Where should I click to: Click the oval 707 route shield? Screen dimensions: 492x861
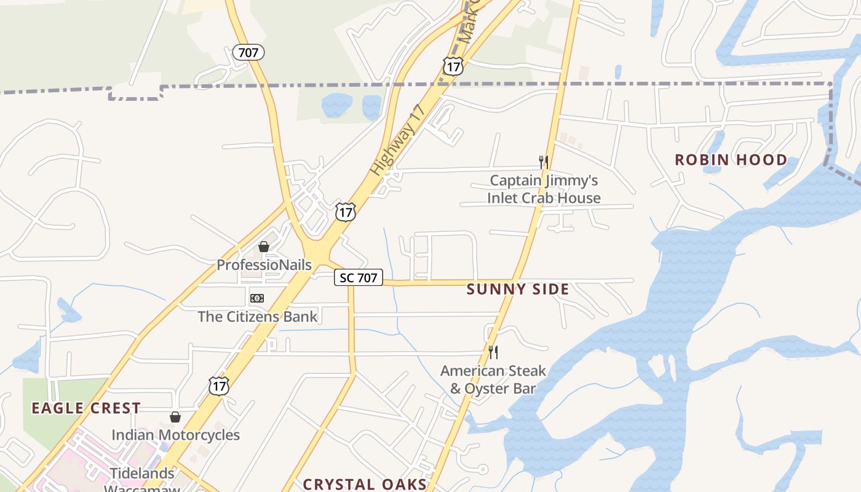[x=248, y=53]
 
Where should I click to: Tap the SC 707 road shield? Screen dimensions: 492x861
[x=359, y=277]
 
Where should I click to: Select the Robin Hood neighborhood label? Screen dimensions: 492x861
[x=731, y=160]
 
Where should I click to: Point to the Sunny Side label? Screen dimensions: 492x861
[x=518, y=289]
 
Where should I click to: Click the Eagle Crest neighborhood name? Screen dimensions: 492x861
[x=86, y=408]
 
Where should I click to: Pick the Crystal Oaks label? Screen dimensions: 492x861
[x=365, y=484]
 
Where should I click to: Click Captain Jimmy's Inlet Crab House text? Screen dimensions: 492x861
[x=544, y=189]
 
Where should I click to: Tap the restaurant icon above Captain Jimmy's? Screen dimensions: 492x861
[x=544, y=162]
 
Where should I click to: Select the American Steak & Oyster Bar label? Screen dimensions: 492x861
[x=493, y=379]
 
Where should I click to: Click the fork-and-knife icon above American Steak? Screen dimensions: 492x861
[x=493, y=352]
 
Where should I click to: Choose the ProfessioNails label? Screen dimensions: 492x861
[x=264, y=265]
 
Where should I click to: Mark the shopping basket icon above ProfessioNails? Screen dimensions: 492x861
[x=264, y=247]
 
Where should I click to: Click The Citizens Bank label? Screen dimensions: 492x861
[x=258, y=317]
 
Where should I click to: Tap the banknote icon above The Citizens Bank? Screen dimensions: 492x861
[x=257, y=298]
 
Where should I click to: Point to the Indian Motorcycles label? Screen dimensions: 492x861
[x=175, y=435]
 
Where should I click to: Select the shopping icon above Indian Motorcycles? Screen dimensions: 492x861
[x=175, y=417]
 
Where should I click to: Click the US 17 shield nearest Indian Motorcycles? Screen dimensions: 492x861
[x=219, y=386]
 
